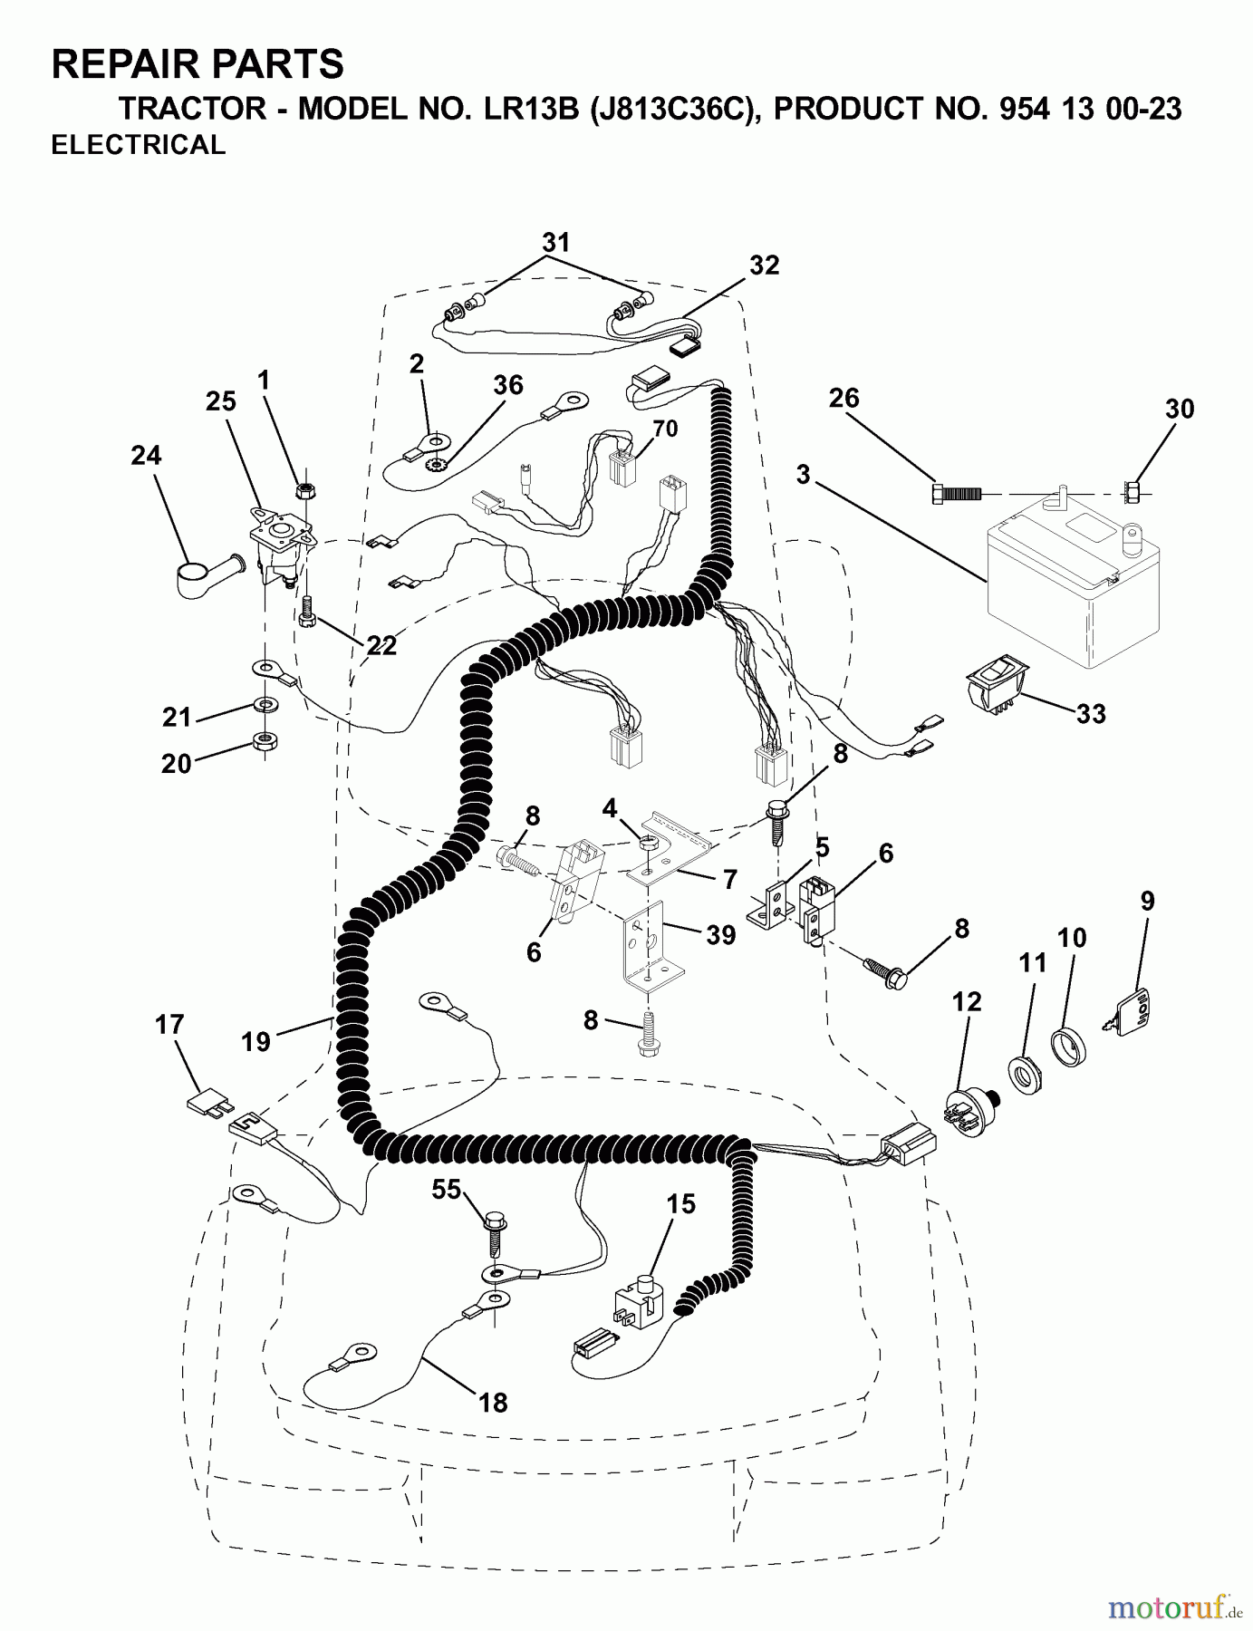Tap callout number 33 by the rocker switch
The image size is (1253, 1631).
coord(1091,714)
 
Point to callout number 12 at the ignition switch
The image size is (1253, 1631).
coord(967,1002)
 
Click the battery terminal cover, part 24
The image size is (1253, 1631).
coord(204,575)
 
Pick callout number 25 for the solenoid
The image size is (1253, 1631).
coord(221,401)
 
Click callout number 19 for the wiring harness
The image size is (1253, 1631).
coord(256,1042)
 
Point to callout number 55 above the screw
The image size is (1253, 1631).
coord(447,1190)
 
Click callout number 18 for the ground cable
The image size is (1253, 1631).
coord(493,1403)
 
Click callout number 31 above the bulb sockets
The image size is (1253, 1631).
coord(556,242)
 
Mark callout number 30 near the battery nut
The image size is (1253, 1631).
coord(1180,409)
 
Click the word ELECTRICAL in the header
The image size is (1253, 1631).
coord(138,145)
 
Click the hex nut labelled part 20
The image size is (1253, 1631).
coord(264,743)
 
